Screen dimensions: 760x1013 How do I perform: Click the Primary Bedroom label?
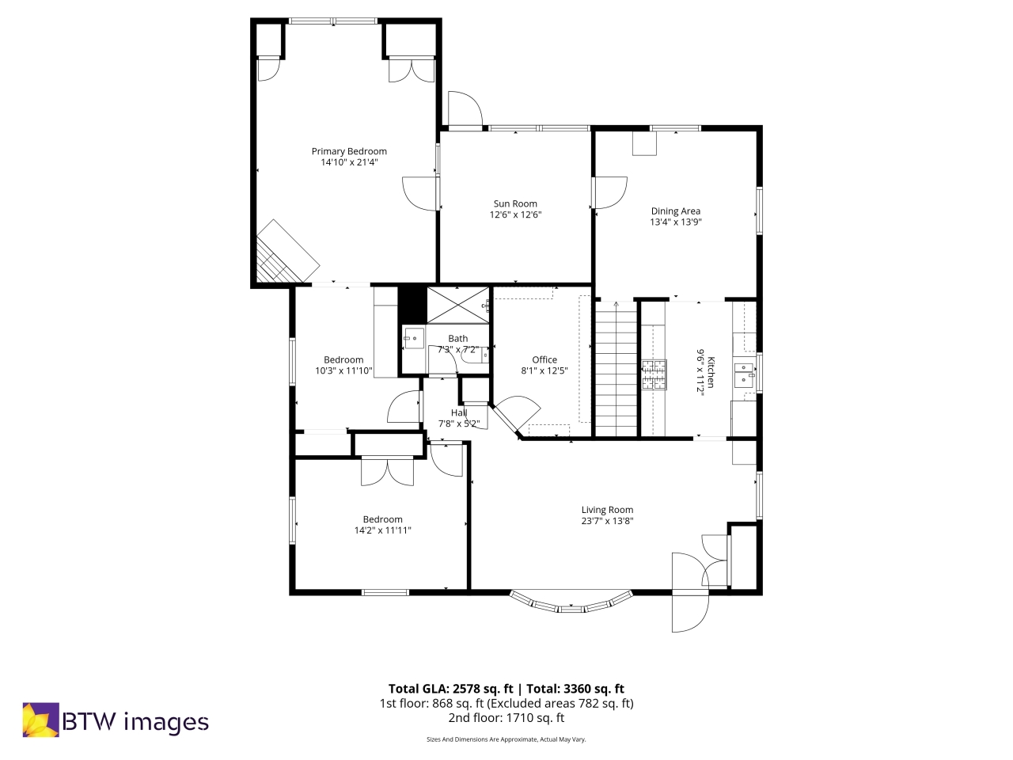pos(349,151)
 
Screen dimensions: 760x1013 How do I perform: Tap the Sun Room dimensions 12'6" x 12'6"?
pos(515,215)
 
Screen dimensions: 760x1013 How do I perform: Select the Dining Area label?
pos(675,211)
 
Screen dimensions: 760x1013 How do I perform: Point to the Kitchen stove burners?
pos(654,374)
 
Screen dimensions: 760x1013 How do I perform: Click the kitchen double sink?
pos(744,374)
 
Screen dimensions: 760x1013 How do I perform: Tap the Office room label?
pos(544,359)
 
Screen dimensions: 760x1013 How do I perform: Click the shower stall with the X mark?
pos(458,305)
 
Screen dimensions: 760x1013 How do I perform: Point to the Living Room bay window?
pos(571,603)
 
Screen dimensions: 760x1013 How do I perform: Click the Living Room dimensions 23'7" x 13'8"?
pos(607,521)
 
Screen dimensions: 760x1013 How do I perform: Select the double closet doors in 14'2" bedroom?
pos(388,472)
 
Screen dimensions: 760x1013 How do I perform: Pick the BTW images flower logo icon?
pos(40,720)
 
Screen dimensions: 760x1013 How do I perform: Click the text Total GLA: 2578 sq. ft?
pos(450,689)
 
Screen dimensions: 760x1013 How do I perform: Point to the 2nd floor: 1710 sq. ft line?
pos(506,718)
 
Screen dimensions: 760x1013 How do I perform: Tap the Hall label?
pos(459,412)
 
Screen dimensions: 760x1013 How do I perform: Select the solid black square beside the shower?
pos(412,304)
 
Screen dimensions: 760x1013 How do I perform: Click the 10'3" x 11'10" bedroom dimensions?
pos(343,370)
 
